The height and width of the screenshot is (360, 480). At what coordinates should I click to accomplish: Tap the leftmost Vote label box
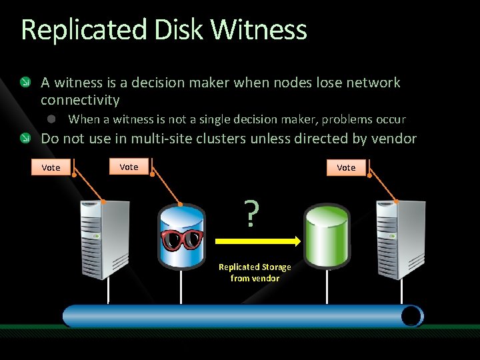[51, 167]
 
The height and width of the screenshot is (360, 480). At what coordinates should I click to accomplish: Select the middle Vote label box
[129, 167]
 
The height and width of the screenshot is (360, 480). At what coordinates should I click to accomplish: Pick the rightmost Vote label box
[346, 167]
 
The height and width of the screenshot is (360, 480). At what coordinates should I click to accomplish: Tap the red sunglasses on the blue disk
[181, 239]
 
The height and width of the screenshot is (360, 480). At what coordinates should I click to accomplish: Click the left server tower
[105, 239]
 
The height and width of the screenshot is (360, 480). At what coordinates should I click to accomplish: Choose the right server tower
[398, 239]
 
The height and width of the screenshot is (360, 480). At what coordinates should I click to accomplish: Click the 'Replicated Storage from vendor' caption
[255, 273]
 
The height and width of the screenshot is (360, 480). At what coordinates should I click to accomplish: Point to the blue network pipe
[243, 316]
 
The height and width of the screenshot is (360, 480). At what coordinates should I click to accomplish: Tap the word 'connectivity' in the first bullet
[80, 100]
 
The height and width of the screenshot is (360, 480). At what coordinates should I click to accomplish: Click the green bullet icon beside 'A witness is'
[25, 83]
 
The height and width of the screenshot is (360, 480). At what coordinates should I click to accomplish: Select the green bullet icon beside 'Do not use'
[25, 139]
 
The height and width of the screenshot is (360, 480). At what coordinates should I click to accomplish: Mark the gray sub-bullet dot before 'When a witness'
[50, 119]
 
